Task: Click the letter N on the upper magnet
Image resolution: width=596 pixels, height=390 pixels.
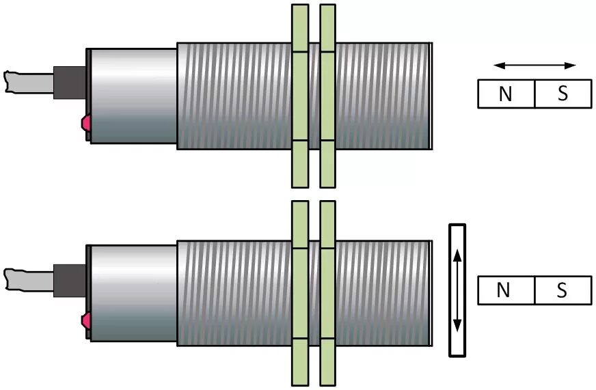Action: point(505,94)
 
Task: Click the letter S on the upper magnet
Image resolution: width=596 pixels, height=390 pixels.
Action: point(563,94)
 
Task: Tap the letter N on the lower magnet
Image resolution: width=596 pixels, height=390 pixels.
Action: point(504,290)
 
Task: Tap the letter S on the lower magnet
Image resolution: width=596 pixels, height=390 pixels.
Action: point(562,290)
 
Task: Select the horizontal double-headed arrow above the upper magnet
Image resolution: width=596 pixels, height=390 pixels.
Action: point(534,66)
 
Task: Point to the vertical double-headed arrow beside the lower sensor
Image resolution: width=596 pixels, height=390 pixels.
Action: point(457,290)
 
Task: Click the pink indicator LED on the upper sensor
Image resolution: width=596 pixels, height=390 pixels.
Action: point(86,124)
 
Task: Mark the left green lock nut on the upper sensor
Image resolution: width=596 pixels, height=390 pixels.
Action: point(300,96)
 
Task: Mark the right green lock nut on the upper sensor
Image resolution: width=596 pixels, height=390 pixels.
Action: point(328,96)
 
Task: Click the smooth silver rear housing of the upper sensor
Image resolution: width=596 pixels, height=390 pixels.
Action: point(133,96)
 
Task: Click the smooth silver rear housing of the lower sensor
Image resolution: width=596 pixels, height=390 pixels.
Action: point(133,292)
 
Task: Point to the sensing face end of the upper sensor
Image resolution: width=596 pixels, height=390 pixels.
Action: point(428,96)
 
